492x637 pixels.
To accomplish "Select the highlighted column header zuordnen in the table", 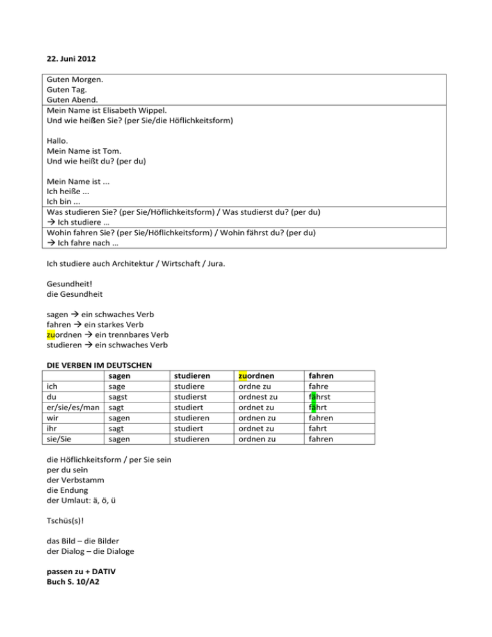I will pos(261,375).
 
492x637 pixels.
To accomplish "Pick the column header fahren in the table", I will pos(321,375).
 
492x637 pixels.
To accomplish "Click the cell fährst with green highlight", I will pos(324,397).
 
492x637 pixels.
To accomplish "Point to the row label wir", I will pos(54,418).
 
